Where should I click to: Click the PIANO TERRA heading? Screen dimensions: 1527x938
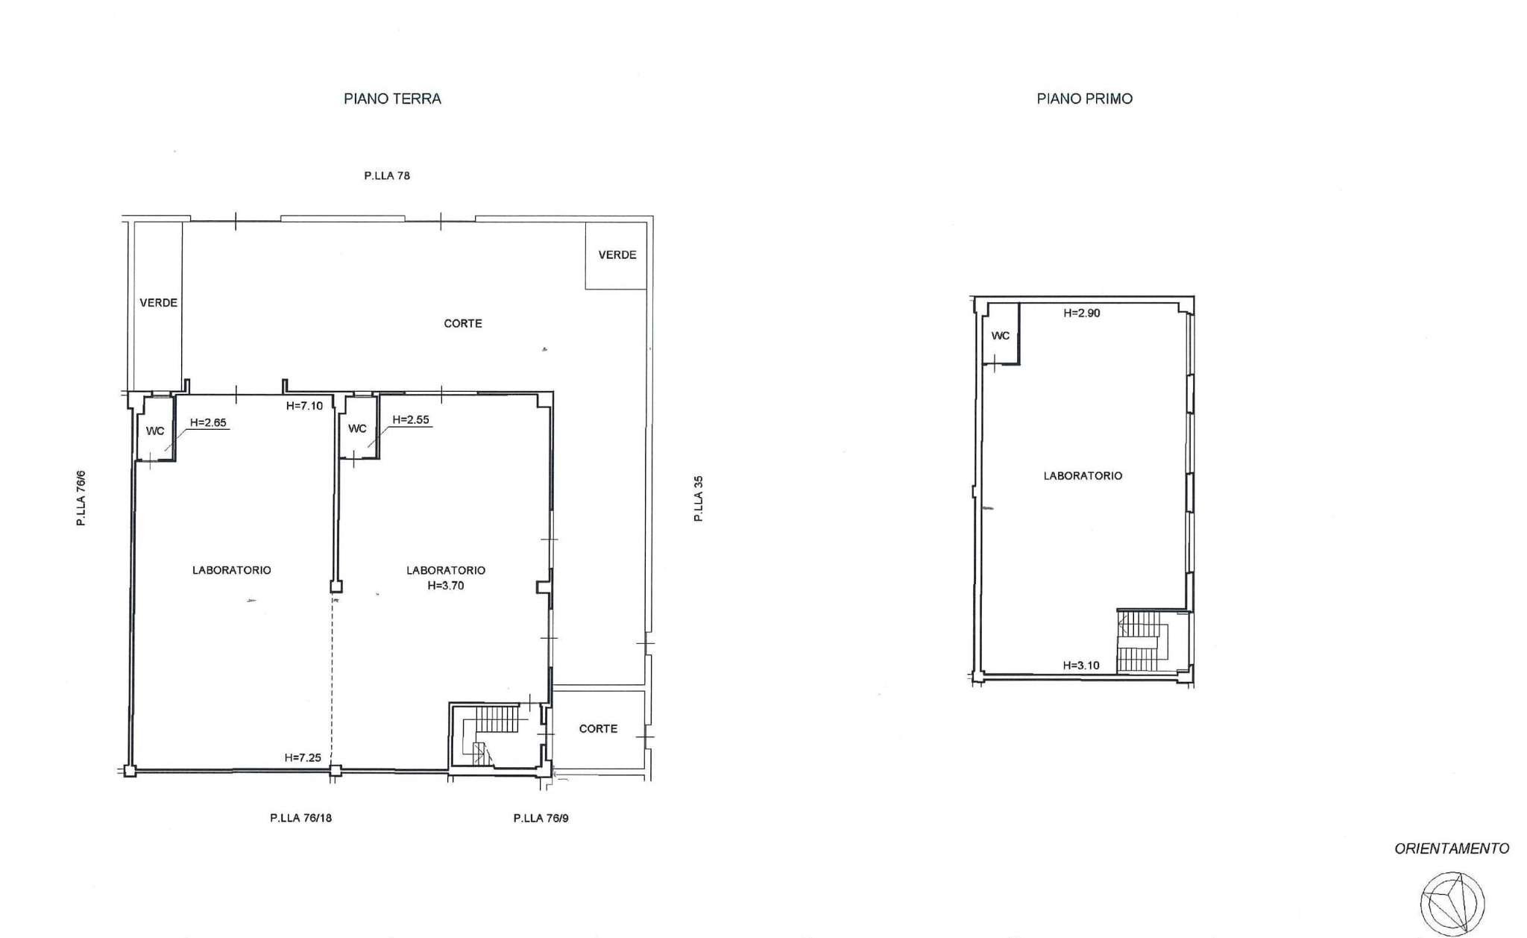click(x=392, y=99)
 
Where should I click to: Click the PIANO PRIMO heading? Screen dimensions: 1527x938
click(x=1084, y=99)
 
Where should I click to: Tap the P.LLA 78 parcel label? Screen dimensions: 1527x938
click(x=387, y=176)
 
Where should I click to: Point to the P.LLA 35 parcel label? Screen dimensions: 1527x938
click(x=699, y=498)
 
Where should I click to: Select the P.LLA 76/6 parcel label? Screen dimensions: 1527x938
click(x=81, y=498)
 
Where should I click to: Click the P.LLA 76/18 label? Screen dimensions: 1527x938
click(x=301, y=818)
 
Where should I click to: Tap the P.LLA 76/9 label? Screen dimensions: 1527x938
click(x=541, y=818)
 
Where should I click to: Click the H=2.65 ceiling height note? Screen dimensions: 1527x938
click(x=208, y=422)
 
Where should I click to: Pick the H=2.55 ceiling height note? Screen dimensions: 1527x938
click(x=411, y=419)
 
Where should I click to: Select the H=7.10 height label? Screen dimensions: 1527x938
click(x=304, y=406)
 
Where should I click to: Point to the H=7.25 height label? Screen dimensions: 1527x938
click(x=303, y=757)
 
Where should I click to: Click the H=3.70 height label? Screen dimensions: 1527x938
click(x=446, y=586)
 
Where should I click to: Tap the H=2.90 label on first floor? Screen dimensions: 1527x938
click(x=1082, y=313)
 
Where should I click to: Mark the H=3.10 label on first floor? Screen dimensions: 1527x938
click(x=1081, y=666)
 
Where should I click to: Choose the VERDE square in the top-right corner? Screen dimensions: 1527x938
click(x=616, y=255)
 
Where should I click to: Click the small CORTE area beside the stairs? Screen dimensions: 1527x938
click(x=598, y=729)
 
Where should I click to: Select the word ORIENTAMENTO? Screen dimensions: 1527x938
click(x=1452, y=848)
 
